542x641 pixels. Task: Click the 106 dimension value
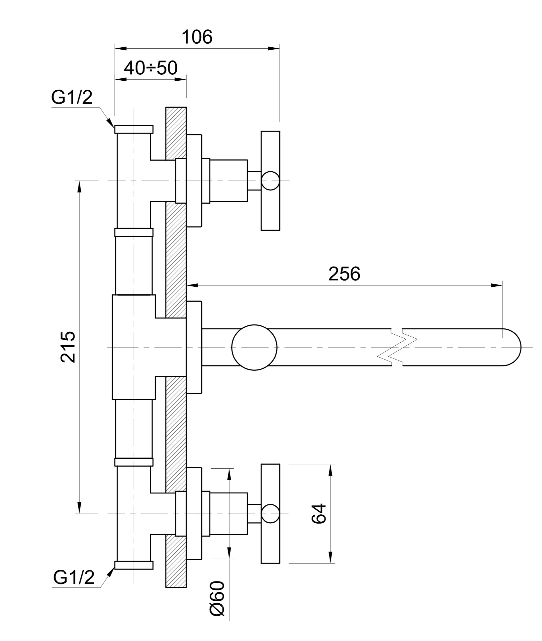click(x=197, y=37)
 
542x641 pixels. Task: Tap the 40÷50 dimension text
click(x=151, y=67)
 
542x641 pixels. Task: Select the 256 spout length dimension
click(x=344, y=274)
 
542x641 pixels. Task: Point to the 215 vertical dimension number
click(x=68, y=347)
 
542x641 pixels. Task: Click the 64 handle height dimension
click(x=319, y=514)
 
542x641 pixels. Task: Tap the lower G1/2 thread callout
click(x=74, y=577)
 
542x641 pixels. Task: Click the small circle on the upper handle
click(x=270, y=181)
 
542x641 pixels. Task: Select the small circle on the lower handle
click(x=270, y=514)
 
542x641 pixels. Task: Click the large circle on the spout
click(x=254, y=347)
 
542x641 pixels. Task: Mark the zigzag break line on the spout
click(x=397, y=347)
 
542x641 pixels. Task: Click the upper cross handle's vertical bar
click(x=270, y=181)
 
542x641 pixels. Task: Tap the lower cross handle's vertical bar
click(x=270, y=514)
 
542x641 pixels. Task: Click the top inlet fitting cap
click(x=134, y=129)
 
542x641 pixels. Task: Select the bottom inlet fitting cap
click(x=134, y=565)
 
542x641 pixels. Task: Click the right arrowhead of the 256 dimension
click(x=497, y=285)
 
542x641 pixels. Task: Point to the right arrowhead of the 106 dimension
click(x=274, y=49)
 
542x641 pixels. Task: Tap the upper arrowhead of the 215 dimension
click(x=79, y=187)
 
